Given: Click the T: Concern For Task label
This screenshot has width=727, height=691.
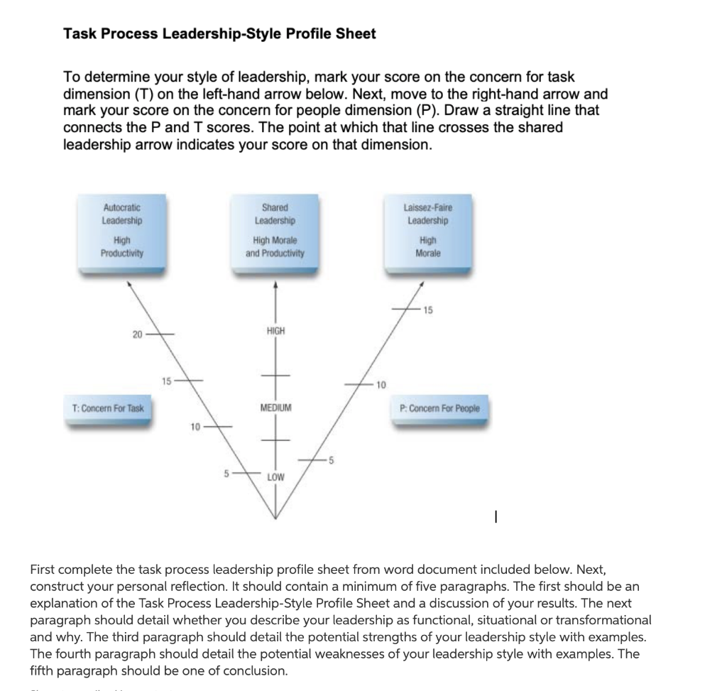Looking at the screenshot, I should [108, 409].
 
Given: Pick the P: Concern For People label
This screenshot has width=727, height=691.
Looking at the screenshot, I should [440, 409].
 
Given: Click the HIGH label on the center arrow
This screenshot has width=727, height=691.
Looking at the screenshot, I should [275, 331].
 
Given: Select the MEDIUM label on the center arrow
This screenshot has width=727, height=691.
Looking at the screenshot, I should [275, 409].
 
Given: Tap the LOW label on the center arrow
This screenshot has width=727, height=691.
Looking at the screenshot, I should [275, 477].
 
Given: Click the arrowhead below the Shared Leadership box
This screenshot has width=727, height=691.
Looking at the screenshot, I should [275, 285].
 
